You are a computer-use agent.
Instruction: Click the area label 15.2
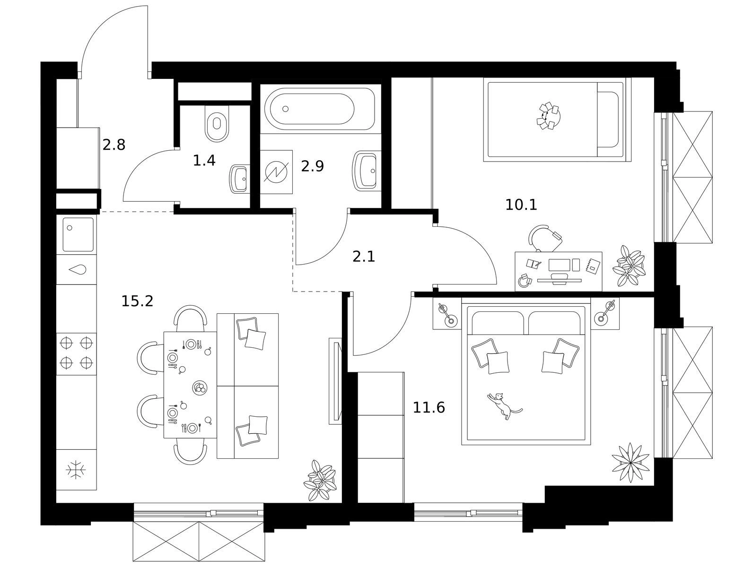[x=137, y=301]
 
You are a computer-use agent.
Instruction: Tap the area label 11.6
[x=429, y=408]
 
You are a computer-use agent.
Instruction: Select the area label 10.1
[x=521, y=205]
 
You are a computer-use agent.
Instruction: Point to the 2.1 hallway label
[x=364, y=257]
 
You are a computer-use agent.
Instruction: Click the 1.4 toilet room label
[x=204, y=160]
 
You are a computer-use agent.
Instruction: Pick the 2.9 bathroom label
[x=313, y=166]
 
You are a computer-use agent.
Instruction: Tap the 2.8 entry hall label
[x=114, y=145]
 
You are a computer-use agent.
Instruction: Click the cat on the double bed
[x=504, y=405]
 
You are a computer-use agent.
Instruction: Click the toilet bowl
[x=217, y=123]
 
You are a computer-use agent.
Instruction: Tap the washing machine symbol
[x=276, y=172]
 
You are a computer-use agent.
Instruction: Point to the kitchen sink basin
[x=78, y=234]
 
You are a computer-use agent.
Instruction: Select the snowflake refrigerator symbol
[x=76, y=469]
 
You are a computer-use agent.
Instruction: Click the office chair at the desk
[x=545, y=238]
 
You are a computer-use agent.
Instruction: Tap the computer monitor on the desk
[x=559, y=265]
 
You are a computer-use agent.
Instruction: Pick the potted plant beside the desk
[x=629, y=266]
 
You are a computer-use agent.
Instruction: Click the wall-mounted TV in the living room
[x=335, y=381]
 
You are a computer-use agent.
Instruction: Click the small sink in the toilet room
[x=240, y=179]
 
